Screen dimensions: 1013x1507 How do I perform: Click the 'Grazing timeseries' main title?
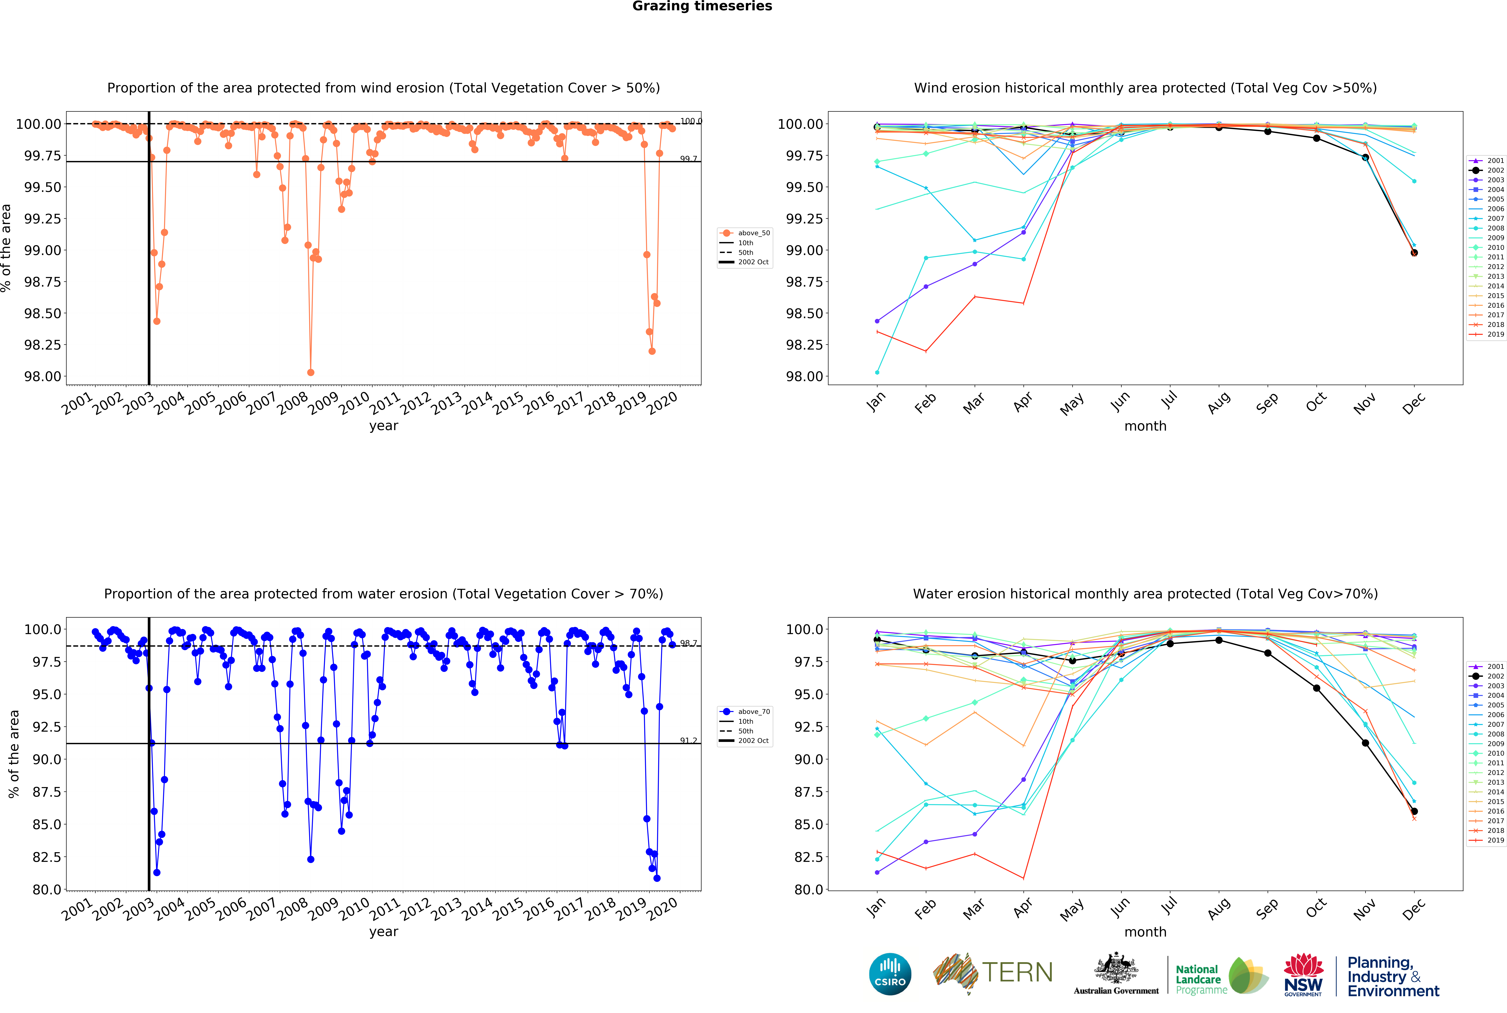tap(702, 7)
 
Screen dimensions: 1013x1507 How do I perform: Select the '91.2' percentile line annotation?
tap(688, 740)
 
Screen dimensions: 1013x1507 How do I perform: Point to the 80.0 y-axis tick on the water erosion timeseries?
tap(47, 890)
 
